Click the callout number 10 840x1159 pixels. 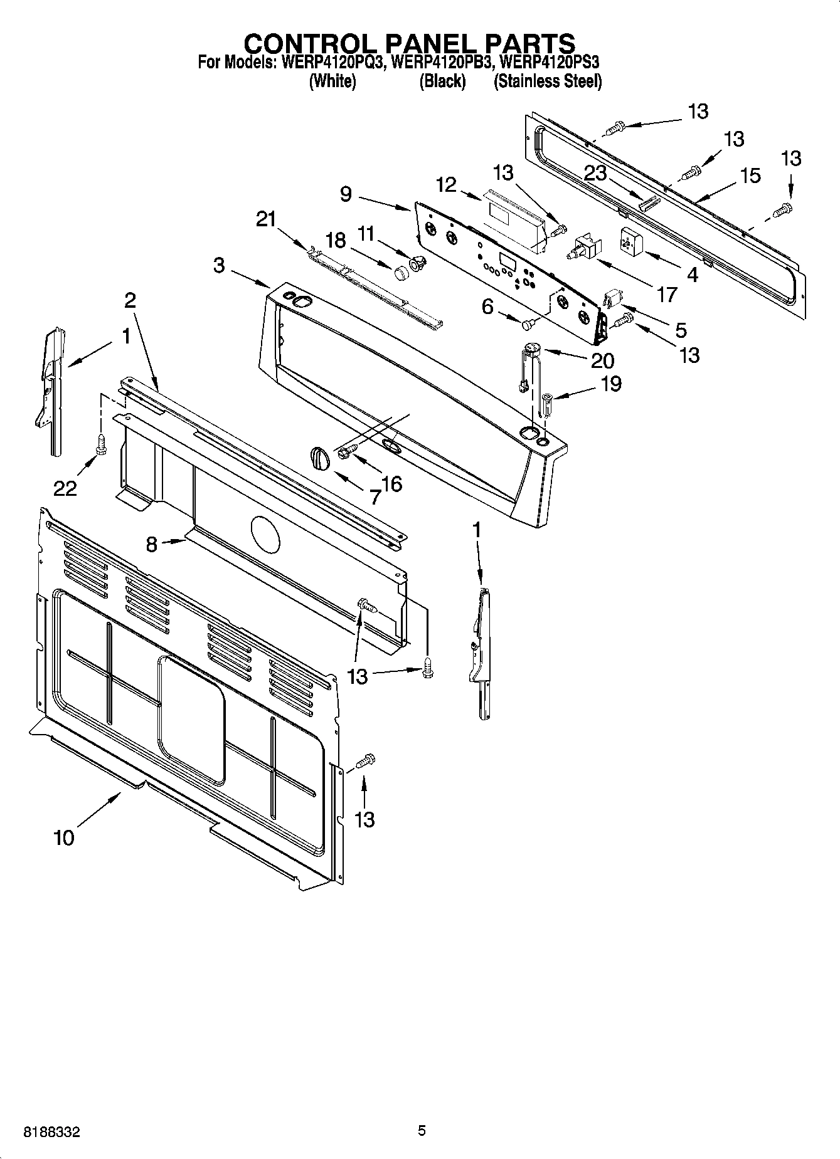(64, 837)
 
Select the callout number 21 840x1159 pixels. (266, 219)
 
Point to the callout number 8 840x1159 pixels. (152, 544)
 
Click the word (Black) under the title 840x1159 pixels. (442, 81)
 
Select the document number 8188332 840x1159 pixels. (51, 1131)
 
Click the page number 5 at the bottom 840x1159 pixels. (422, 1130)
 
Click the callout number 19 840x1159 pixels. (610, 383)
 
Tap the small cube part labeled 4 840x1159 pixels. (629, 241)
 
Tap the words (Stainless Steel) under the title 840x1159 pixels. (548, 81)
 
